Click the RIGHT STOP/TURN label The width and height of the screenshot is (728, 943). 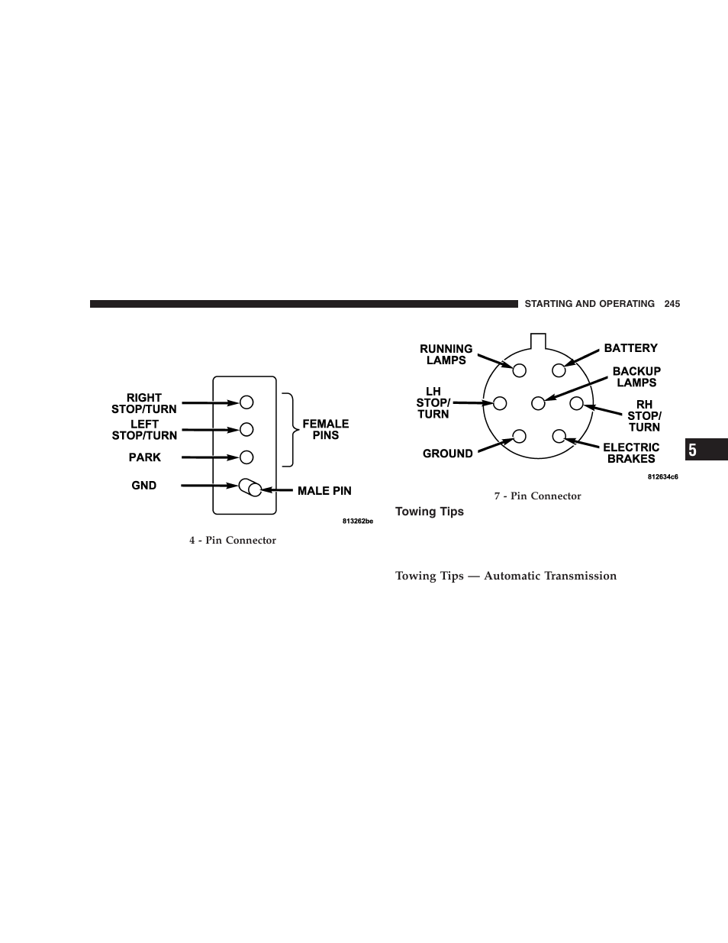tap(143, 403)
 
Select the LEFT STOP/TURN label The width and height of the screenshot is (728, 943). tap(144, 430)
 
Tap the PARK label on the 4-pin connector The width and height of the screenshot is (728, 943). tap(144, 457)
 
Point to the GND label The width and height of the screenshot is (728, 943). tap(143, 486)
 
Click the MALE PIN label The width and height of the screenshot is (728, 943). tap(324, 491)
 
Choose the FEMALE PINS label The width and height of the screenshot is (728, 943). tap(326, 429)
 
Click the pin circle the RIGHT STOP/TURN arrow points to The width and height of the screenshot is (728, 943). tap(246, 402)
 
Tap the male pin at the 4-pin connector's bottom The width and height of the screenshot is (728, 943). tap(250, 487)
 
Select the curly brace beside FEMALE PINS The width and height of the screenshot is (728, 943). tap(288, 429)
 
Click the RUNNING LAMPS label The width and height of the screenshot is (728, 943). tap(446, 354)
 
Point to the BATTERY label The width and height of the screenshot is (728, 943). tap(630, 348)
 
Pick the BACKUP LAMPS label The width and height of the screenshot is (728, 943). tap(636, 377)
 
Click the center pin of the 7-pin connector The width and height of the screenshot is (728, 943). tap(538, 402)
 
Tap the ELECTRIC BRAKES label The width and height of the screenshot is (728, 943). tap(631, 453)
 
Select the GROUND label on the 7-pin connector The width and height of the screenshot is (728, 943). tap(447, 454)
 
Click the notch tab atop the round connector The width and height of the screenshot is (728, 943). tap(539, 341)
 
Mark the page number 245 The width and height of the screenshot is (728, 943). tap(672, 304)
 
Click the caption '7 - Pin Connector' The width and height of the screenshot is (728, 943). tap(537, 496)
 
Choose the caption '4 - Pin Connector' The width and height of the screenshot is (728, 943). tap(233, 541)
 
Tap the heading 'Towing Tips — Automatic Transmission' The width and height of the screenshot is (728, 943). tap(505, 576)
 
